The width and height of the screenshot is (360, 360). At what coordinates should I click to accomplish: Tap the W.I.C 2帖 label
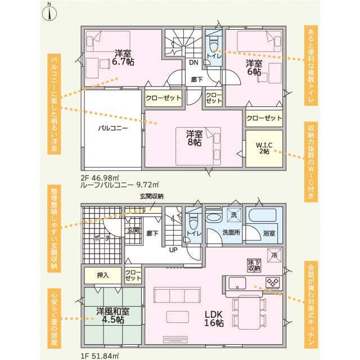pos(264,148)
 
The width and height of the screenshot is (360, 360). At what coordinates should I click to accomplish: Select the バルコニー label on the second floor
pos(112,128)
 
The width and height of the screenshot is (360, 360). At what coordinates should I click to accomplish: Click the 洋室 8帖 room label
pos(194,138)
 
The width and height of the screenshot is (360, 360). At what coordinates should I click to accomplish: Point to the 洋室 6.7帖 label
pos(123,57)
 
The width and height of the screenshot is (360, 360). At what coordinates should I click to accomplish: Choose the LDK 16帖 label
pos(214,318)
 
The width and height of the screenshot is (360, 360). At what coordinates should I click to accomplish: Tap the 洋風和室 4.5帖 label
pos(113,316)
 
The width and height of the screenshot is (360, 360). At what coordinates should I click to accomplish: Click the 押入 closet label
pos(102,275)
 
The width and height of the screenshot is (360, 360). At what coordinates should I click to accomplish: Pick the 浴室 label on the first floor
pos(269,233)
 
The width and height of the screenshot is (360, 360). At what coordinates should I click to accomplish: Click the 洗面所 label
pos(231,232)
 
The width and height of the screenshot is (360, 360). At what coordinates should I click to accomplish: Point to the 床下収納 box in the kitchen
pos(254,265)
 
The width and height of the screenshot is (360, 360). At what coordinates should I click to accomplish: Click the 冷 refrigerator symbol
pos(274,255)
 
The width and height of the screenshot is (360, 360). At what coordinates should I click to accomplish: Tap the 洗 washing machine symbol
pos(234,215)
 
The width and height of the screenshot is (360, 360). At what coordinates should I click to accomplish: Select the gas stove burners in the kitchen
pos(273,282)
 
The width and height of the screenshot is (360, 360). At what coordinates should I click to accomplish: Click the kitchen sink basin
pos(237,283)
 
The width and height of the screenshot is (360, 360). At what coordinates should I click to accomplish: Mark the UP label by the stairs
pos(173,250)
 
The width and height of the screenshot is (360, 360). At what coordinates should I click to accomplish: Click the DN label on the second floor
pos(193,62)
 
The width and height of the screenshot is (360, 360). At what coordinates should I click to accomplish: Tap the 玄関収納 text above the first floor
pos(151,196)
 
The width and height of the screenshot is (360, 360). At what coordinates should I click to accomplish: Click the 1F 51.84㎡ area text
pos(100,356)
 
